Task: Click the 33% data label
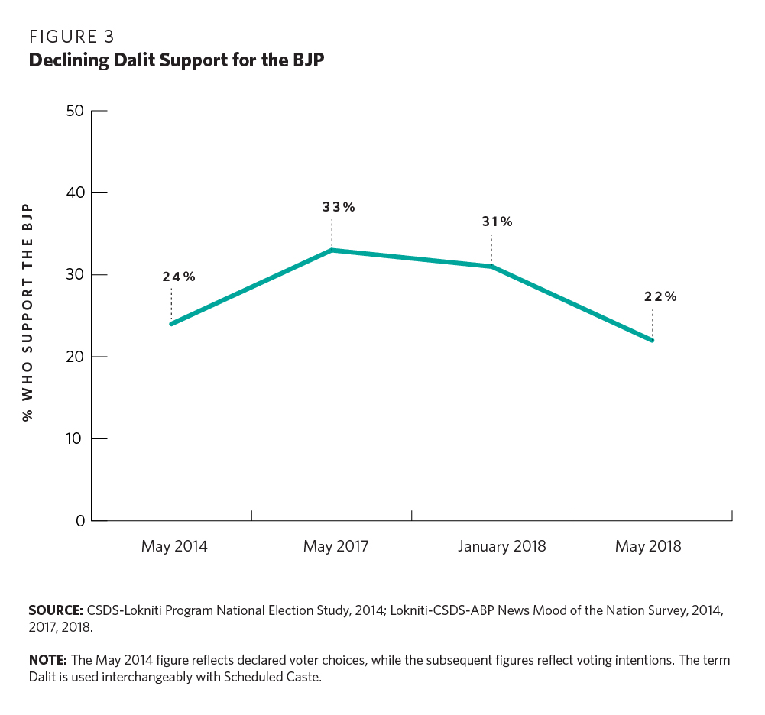pos(338,207)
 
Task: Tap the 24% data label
pos(178,277)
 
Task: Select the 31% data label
pos(497,222)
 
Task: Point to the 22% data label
pos(660,297)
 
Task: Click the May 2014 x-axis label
pos(174,547)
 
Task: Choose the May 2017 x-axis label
pos(335,547)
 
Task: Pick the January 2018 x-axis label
pos(502,547)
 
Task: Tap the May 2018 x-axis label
pos(648,547)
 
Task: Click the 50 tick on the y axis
pos(75,111)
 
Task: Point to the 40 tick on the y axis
pos(75,192)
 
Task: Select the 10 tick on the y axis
pos(75,439)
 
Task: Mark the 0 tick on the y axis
pos(79,521)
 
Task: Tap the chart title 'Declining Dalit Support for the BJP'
pos(177,61)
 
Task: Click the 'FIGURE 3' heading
pos(72,37)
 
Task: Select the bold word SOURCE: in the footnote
pos(55,610)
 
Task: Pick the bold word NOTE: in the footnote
pos(47,660)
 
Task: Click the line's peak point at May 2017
pos(332,250)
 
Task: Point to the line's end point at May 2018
pos(653,341)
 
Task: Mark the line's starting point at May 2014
pos(171,324)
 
